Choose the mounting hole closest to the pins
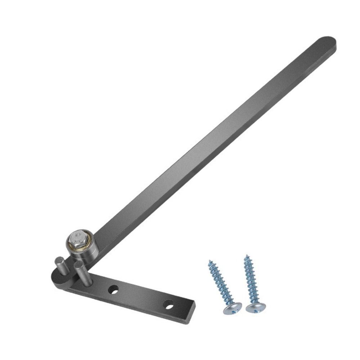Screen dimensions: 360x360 (114, 289)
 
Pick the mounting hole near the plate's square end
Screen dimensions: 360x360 (168, 305)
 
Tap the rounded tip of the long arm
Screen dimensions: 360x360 (328, 42)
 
